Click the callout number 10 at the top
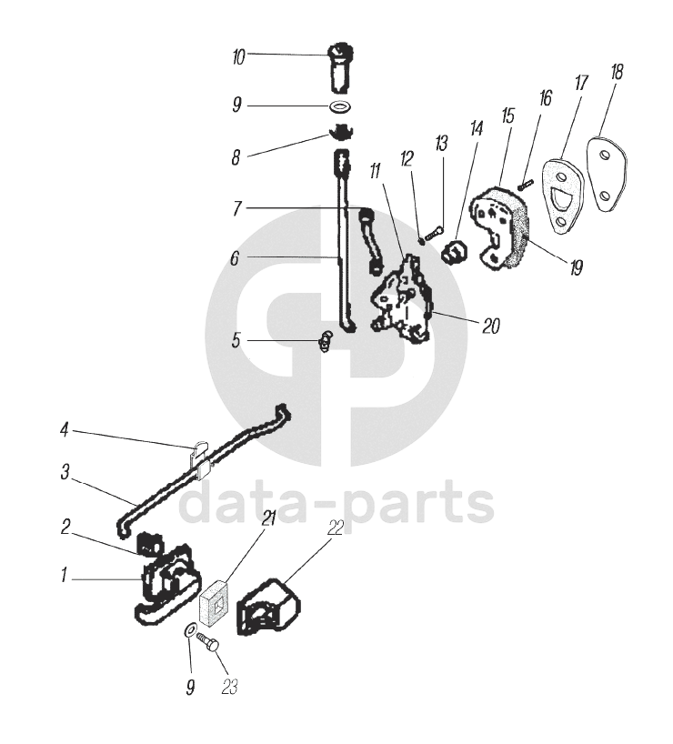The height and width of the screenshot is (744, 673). (x=238, y=57)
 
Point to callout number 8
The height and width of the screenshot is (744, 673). (x=236, y=157)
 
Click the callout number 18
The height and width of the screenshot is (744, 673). (x=617, y=74)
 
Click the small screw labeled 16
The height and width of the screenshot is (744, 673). (x=524, y=183)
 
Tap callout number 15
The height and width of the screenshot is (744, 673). (x=507, y=117)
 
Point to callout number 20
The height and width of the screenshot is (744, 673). (x=490, y=326)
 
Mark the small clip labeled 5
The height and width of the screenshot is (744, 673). (x=326, y=342)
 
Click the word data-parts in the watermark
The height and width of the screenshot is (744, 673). (x=336, y=506)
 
